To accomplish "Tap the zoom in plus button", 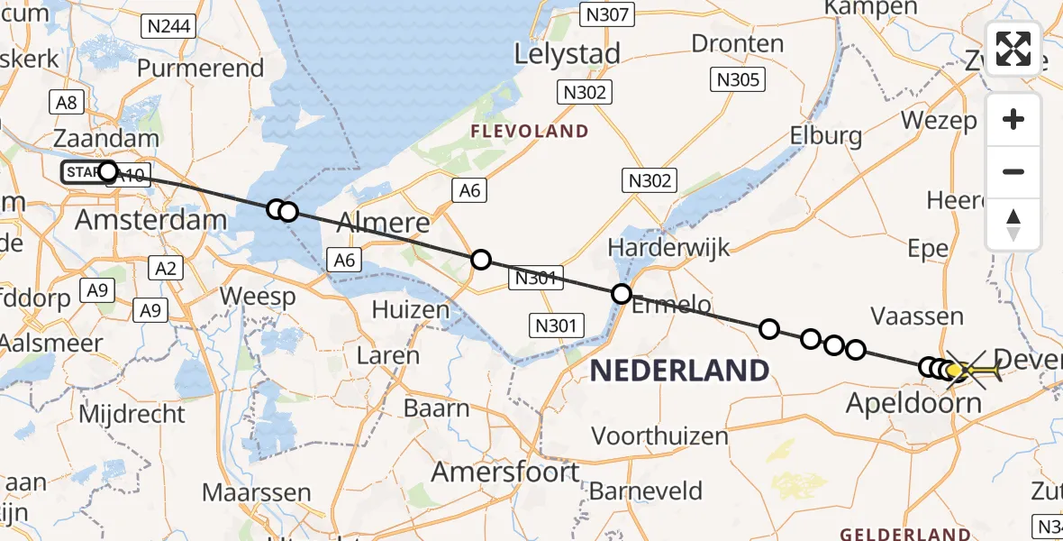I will click(x=1013, y=120).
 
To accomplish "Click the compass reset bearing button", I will click(x=1013, y=225).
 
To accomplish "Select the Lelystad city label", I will click(x=568, y=54).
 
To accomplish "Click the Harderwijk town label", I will click(x=669, y=246).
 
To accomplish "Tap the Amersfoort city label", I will click(x=505, y=472).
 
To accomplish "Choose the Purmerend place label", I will click(x=201, y=69).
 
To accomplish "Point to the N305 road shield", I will click(x=739, y=79).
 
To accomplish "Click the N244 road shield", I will click(x=168, y=26).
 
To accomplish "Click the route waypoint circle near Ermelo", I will click(x=622, y=293).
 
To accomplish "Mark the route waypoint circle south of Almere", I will click(x=481, y=260).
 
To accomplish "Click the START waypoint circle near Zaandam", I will click(x=108, y=170).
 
